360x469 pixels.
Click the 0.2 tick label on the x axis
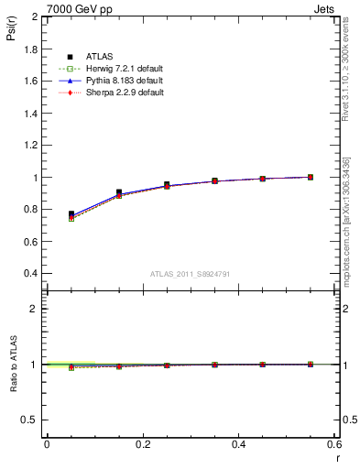(142, 444)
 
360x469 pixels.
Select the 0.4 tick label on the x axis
(238, 444)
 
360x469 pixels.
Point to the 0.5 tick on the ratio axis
(31, 420)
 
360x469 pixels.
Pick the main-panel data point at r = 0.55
(311, 177)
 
